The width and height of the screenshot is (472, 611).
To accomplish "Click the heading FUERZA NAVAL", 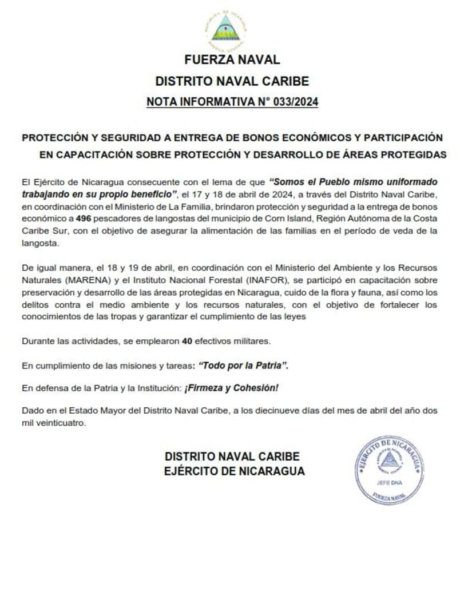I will (x=232, y=59).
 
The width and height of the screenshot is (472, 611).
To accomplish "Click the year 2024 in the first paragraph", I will (x=255, y=194).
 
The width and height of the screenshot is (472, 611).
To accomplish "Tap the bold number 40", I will (x=187, y=341).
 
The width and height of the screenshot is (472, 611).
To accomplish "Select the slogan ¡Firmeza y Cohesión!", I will (x=231, y=388).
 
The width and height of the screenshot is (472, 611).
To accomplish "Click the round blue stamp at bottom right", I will (x=389, y=469).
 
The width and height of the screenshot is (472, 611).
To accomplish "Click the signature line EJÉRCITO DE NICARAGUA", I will (x=235, y=471).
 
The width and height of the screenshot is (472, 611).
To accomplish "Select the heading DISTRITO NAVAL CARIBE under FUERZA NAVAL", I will (x=232, y=81).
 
